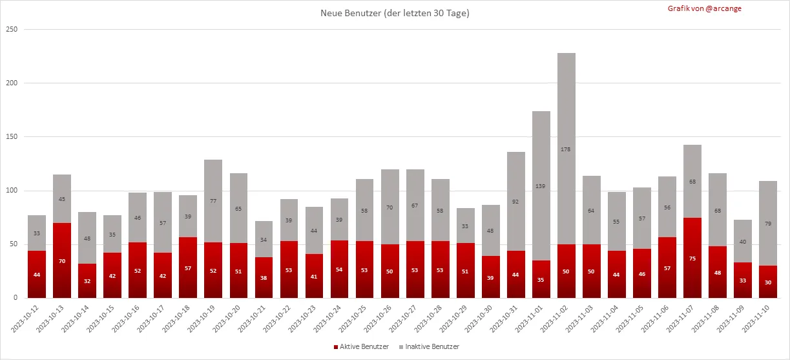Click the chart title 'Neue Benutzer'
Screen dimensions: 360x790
[x=395, y=13]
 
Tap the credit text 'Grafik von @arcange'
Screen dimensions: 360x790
[x=705, y=8]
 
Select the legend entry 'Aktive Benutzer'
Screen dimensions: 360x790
[x=362, y=347]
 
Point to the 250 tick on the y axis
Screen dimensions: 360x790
[x=11, y=30]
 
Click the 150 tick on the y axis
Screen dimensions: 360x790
[x=11, y=137]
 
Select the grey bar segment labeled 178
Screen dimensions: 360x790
[x=567, y=149]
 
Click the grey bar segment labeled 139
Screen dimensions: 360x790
[x=541, y=185]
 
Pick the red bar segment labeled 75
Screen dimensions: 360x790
[x=692, y=258]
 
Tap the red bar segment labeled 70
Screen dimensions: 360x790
[x=62, y=260]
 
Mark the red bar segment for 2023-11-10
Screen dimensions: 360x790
[x=768, y=282]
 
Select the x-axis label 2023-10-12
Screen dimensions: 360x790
[x=28, y=320]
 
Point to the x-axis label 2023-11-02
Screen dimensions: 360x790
[x=557, y=320]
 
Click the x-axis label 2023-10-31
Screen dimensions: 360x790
[x=506, y=320]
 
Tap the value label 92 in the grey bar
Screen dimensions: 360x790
[x=516, y=202]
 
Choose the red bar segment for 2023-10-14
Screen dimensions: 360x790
[x=87, y=281]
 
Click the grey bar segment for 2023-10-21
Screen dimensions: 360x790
[x=264, y=239]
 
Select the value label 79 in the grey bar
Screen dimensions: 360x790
[x=768, y=224]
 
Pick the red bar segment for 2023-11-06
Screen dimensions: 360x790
[x=667, y=268]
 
